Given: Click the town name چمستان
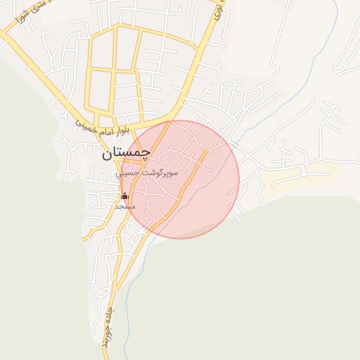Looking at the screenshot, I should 126,153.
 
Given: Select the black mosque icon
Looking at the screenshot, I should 125,196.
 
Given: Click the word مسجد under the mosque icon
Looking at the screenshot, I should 124,207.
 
